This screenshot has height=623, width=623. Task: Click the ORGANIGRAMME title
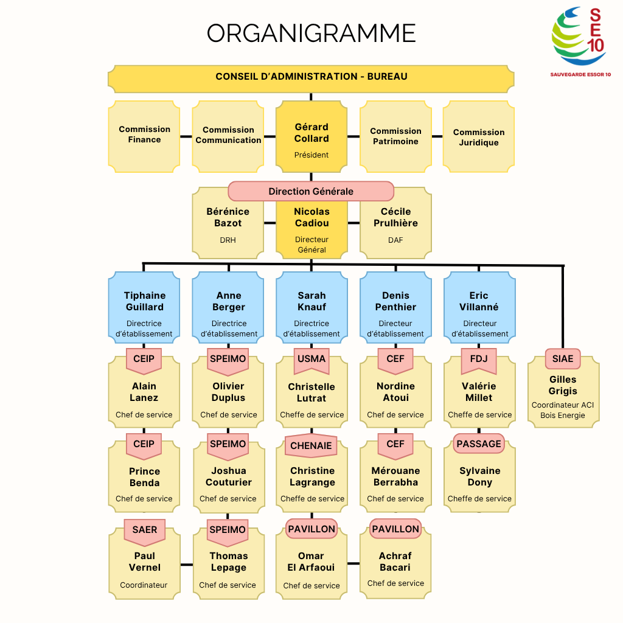tap(311, 33)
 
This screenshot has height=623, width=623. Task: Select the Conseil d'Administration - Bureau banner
tap(311, 77)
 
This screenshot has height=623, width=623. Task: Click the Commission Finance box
tap(144, 135)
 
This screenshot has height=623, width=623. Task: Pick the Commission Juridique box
tap(479, 137)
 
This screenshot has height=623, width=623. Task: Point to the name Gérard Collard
tap(311, 133)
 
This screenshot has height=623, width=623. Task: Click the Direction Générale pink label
tap(311, 191)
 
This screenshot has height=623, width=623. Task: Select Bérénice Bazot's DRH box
tap(228, 225)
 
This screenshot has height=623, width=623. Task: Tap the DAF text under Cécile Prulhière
tap(395, 240)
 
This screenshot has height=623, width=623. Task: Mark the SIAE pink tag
tap(563, 359)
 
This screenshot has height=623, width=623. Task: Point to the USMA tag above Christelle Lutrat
tap(311, 359)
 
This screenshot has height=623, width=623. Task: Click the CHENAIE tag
tap(311, 445)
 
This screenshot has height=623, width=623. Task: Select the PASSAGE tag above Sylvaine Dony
tap(479, 444)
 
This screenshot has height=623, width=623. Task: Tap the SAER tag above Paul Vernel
tap(144, 529)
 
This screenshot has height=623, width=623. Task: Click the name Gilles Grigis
tap(563, 385)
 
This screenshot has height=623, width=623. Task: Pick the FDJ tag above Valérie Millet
tap(479, 359)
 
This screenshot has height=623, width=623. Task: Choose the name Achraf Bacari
tap(395, 562)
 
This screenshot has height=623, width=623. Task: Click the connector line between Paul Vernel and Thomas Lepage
tap(186, 564)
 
